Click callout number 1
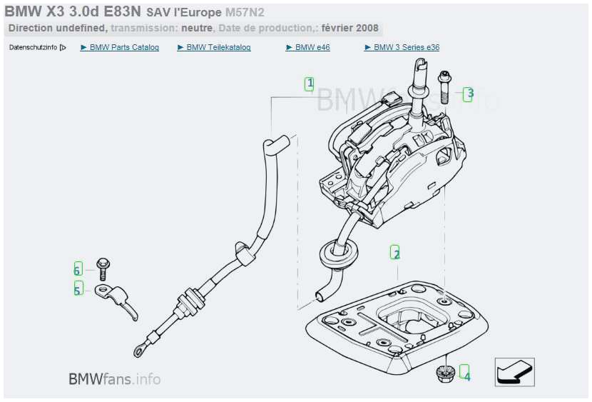[x=310, y=84]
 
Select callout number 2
[x=396, y=253]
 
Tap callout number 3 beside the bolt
[x=469, y=94]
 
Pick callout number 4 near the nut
[x=466, y=372]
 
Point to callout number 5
[x=78, y=288]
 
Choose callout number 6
[x=78, y=269]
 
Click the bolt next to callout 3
[x=444, y=87]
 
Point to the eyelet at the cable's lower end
[x=137, y=349]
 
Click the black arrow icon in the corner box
[x=514, y=372]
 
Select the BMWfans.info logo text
[x=114, y=378]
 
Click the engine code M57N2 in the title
[x=245, y=13]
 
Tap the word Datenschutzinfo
[x=33, y=48]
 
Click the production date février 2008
[x=350, y=29]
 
